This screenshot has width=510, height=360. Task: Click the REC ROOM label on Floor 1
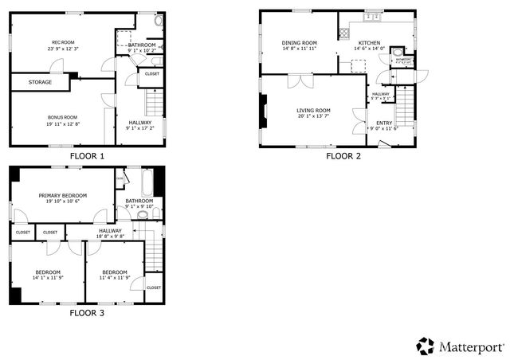[x=63, y=42]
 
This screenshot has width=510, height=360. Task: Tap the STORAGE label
[x=41, y=82]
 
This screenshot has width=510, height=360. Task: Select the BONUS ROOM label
[x=62, y=117]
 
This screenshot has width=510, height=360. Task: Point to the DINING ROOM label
[x=299, y=43]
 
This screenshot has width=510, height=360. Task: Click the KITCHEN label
[x=369, y=43]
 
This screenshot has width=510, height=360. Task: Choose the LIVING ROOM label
[x=313, y=110]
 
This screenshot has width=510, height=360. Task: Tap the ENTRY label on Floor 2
[x=384, y=123]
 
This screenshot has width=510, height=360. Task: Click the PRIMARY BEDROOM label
[x=64, y=194]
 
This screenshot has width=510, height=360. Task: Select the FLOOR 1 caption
[x=87, y=156]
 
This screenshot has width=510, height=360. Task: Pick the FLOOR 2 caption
[x=343, y=156]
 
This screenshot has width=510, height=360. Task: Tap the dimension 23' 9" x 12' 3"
[x=63, y=49]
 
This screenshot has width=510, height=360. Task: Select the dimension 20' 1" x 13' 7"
[x=313, y=116]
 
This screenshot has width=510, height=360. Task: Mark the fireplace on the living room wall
[x=262, y=112]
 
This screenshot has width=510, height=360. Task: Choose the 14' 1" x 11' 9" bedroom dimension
[x=48, y=278]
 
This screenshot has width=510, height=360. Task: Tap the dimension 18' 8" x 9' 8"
[x=111, y=237]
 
